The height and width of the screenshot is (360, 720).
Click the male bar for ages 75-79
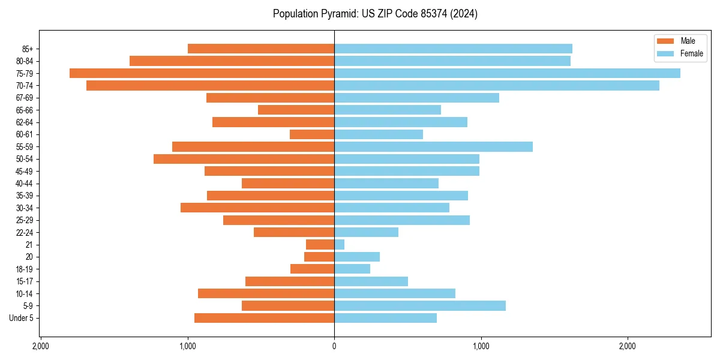202,73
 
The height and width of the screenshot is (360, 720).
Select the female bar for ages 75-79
507,73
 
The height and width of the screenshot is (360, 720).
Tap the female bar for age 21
340,244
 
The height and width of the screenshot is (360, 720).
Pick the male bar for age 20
319,257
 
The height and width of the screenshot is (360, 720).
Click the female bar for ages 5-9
420,305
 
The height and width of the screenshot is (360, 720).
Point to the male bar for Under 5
264,318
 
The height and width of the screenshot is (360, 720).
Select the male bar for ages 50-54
244,159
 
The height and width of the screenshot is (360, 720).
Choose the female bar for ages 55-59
433,146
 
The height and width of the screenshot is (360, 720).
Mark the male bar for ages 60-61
312,134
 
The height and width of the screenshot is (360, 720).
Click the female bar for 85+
453,49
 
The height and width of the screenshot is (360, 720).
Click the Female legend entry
679,53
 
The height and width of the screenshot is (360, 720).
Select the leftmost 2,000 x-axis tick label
41,347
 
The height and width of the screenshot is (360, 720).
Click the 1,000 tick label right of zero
481,347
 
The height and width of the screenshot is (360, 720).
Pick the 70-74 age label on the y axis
24,85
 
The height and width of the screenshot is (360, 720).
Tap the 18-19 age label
24,269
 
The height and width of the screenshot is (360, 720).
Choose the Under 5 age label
21,318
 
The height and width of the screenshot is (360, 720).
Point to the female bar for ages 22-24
366,232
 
